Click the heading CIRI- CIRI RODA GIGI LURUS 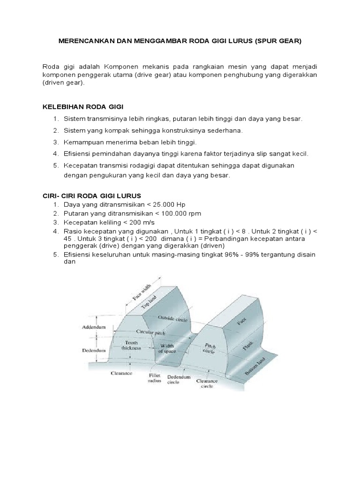click(x=91, y=195)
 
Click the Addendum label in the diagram click(x=93, y=326)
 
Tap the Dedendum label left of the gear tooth click(x=93, y=349)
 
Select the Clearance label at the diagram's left click(x=121, y=373)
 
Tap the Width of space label click(x=167, y=348)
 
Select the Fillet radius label click(x=155, y=378)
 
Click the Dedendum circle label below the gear click(x=179, y=379)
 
